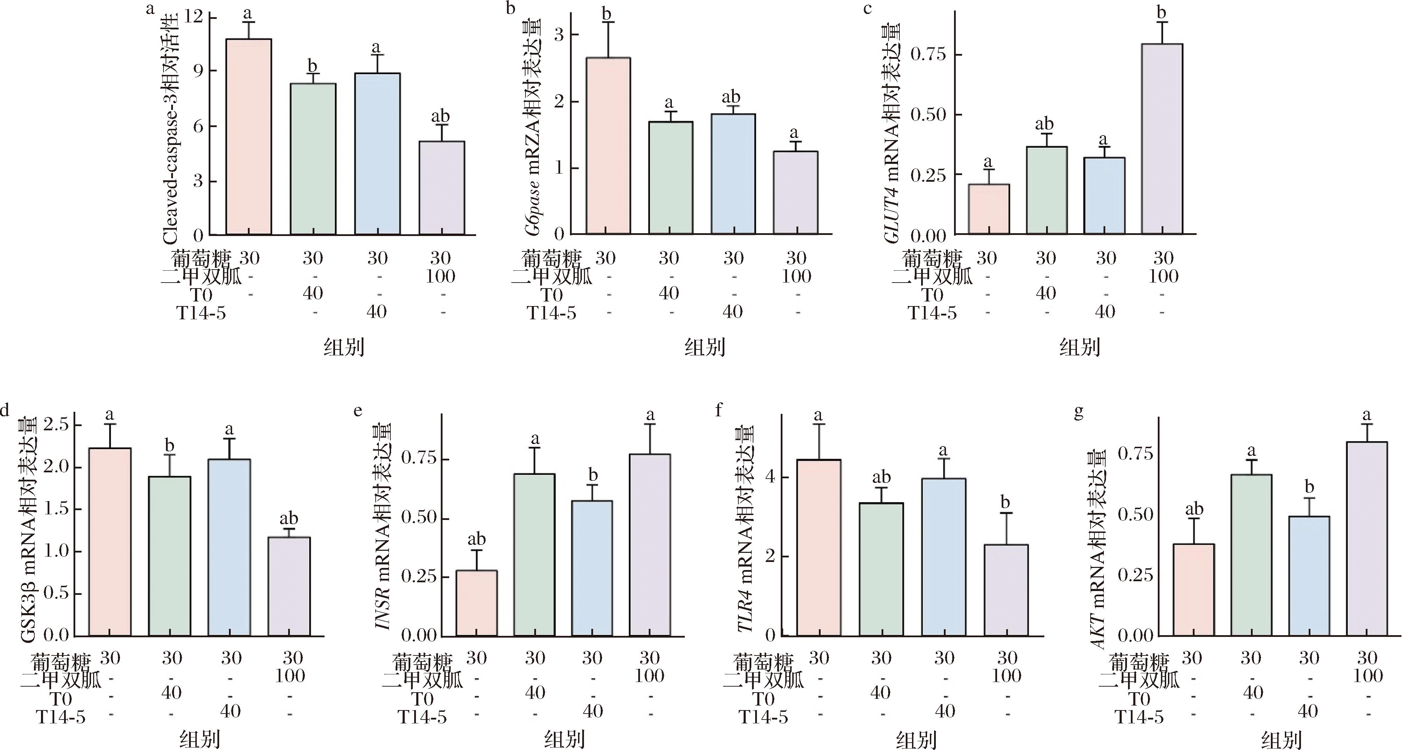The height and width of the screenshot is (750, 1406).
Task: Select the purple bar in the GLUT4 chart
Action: click(x=1162, y=139)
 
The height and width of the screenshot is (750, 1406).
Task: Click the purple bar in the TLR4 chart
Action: click(x=1006, y=590)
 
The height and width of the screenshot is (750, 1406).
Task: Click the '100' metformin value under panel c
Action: click(x=1163, y=276)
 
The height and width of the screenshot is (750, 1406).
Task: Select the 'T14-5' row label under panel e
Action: click(x=422, y=717)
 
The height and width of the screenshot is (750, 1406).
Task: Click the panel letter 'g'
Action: click(x=1079, y=412)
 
